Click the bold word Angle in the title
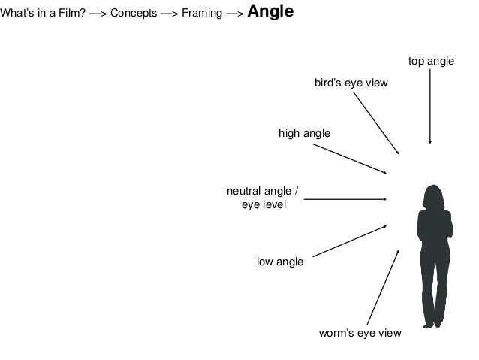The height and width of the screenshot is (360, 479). (x=270, y=13)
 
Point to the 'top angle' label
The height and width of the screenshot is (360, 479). (x=431, y=61)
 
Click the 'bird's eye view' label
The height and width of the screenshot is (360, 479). (x=351, y=83)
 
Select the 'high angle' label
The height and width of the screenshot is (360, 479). (x=304, y=133)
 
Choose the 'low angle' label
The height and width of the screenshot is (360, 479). (x=280, y=262)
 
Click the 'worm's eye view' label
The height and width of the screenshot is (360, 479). (x=360, y=333)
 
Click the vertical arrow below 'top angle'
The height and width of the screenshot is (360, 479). (x=429, y=106)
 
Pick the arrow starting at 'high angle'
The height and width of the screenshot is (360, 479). (x=349, y=159)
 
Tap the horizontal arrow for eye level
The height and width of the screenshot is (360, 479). (x=345, y=199)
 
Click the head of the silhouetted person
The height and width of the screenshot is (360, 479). (x=432, y=197)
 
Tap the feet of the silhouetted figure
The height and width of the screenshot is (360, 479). (x=431, y=322)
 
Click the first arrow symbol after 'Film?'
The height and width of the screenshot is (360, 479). (x=98, y=14)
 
